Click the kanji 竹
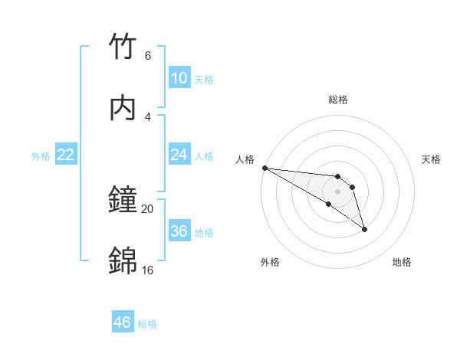click(x=123, y=47)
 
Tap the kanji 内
click(x=123, y=108)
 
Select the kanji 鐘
click(x=123, y=200)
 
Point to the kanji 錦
click(x=123, y=260)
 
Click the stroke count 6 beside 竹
click(x=147, y=56)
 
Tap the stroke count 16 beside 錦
click(x=147, y=270)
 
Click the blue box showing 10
click(x=179, y=78)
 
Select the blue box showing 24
click(x=179, y=155)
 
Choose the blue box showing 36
click(x=179, y=231)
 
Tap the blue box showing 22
click(x=66, y=155)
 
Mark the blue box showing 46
click(x=122, y=322)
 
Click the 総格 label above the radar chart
click(x=338, y=100)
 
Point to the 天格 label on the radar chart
click(x=432, y=159)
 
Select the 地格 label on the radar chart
click(x=402, y=262)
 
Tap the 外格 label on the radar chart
click(x=270, y=262)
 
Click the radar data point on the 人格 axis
click(x=264, y=168)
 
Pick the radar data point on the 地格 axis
click(x=364, y=229)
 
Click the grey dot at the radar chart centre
click(x=337, y=191)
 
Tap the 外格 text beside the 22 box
click(x=41, y=155)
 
